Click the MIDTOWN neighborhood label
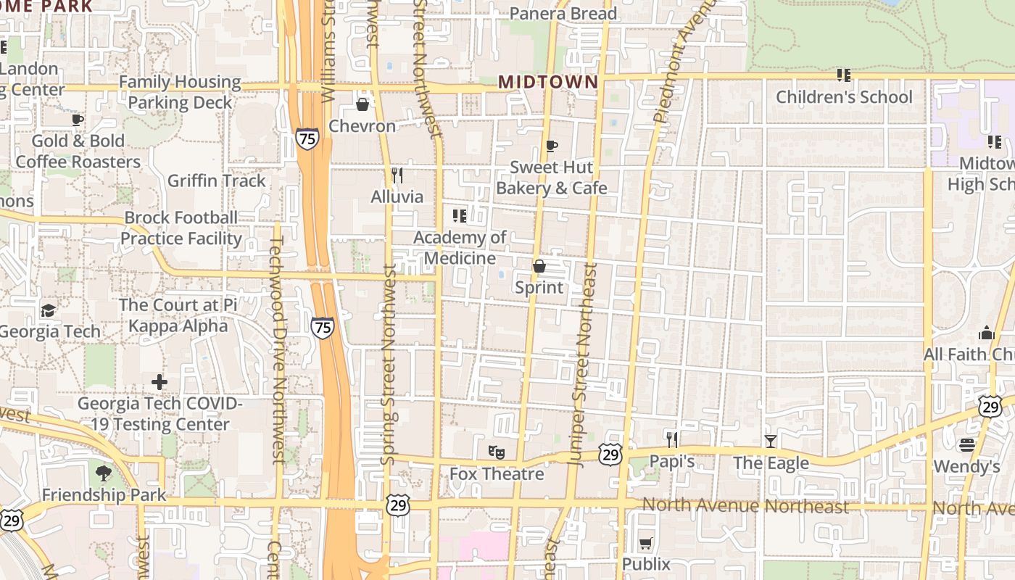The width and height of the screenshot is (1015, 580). coord(549,81)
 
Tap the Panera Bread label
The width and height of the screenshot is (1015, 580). coord(563,14)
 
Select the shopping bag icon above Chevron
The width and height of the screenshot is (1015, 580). coord(362,104)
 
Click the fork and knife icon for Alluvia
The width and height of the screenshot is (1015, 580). coord(397,175)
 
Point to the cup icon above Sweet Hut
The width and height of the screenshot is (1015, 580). coord(552,146)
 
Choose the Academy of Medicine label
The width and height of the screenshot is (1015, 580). coord(460,247)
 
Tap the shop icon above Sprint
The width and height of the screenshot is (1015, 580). coord(539,266)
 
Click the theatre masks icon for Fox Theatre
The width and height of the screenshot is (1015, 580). coord(497,452)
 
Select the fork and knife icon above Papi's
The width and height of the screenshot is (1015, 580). coord(672,439)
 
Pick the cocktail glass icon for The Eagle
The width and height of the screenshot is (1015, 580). coord(771,441)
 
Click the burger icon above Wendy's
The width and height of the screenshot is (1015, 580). coord(967,444)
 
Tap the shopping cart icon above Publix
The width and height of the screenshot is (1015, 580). coord(646,543)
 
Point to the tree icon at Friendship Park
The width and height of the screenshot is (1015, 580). coord(104,473)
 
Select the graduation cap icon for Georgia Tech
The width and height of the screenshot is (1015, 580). coord(48,310)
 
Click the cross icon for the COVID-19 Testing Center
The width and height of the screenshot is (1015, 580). coord(159,381)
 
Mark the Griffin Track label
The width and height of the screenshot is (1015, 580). coord(216,181)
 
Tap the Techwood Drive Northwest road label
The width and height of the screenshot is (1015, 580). coord(275,341)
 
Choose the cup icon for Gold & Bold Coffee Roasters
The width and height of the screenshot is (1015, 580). coord(78,120)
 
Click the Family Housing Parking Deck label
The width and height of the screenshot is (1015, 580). coord(179,92)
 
